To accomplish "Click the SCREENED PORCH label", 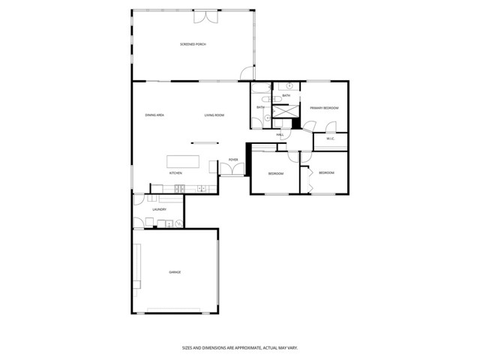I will (x=193, y=45).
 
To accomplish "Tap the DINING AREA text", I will (x=154, y=115).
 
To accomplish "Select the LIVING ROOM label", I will (x=214, y=115).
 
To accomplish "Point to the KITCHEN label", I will (x=175, y=173).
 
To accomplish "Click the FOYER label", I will (x=233, y=160).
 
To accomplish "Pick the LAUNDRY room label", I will (x=158, y=210).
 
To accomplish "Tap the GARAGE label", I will (x=175, y=272).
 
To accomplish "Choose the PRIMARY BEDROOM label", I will (x=325, y=108).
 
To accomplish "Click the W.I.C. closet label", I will (x=330, y=139).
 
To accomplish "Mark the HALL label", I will (x=280, y=135).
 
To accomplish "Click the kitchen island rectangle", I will (x=183, y=162).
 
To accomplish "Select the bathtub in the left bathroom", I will (x=259, y=92).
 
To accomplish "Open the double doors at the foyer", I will (x=232, y=170).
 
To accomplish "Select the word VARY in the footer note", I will (x=293, y=348).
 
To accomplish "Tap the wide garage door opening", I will (x=175, y=310).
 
